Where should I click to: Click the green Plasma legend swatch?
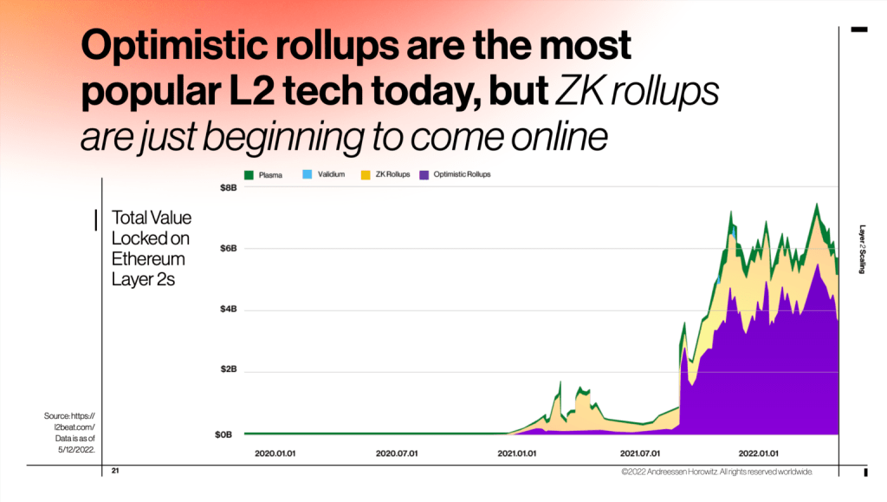pos(249,175)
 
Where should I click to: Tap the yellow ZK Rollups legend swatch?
pos(366,175)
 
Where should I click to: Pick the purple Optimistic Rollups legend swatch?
pos(424,175)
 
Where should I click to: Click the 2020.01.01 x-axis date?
pos(275,453)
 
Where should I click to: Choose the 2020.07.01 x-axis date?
pos(397,453)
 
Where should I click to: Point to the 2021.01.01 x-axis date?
pos(518,453)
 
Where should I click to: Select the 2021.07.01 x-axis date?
pos(641,453)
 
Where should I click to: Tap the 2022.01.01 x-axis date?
pos(758,453)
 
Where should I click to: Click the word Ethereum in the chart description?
pos(148,258)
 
